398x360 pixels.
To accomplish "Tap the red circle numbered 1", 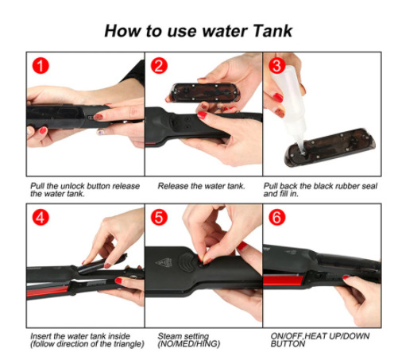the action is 41,66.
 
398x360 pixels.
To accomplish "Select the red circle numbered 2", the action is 159,66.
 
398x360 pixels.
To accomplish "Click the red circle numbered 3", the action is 277,66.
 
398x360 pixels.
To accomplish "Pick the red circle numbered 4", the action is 41,217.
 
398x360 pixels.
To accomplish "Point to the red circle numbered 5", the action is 159,217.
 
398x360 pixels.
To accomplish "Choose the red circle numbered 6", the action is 277,217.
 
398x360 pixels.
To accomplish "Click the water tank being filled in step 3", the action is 330,147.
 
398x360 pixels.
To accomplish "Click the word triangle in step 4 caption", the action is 127,344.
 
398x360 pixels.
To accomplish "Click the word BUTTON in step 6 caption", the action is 288,344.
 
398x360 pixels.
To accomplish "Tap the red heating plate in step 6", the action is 284,281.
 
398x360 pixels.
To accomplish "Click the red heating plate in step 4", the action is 48,292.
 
